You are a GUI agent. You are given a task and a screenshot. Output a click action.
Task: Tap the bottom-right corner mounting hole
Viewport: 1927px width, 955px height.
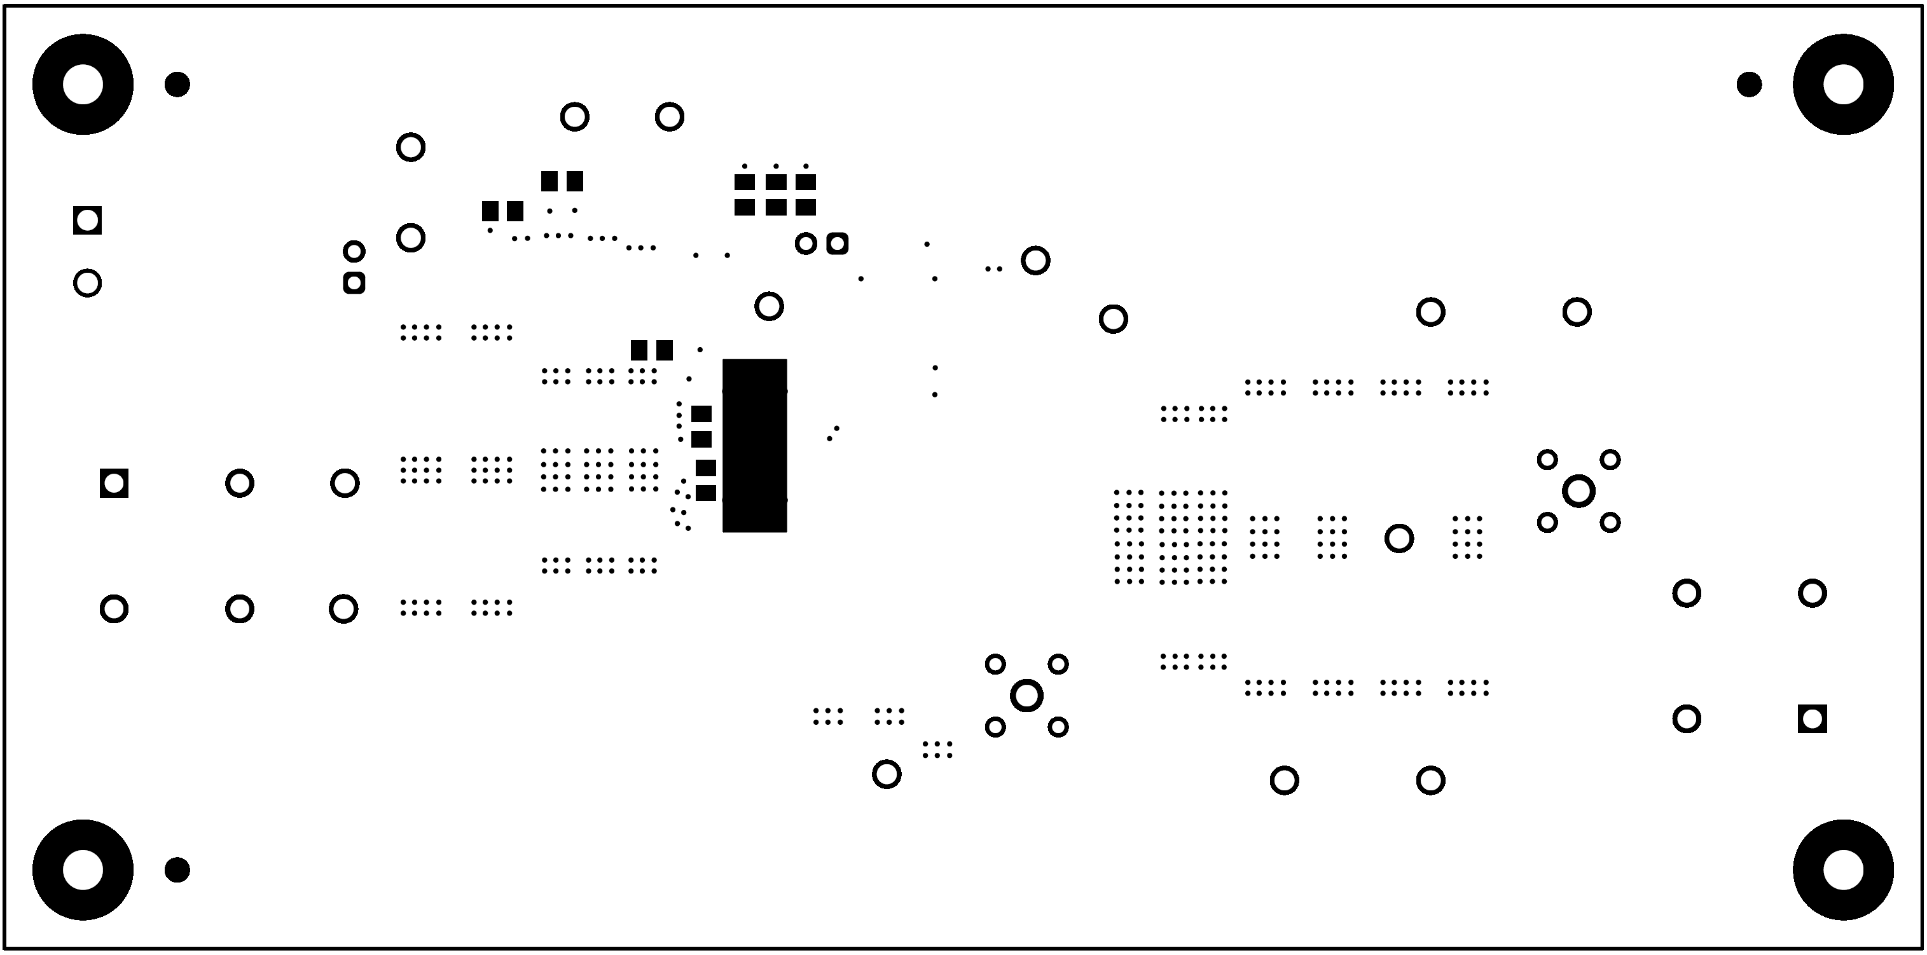1843,870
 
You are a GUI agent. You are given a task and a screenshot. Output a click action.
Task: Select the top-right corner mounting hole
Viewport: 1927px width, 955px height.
1843,85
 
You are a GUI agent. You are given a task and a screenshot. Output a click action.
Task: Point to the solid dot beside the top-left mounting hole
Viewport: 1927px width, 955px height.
177,85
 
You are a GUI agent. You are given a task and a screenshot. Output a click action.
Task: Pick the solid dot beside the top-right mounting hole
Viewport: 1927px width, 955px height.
1749,85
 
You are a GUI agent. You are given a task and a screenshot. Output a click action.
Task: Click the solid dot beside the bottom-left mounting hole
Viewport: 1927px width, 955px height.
177,870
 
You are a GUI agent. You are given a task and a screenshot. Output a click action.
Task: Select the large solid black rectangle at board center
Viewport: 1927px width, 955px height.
754,446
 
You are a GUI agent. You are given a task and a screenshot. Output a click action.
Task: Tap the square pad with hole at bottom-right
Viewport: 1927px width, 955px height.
1812,718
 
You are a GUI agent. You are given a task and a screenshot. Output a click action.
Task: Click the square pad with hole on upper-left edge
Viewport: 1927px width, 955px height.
88,221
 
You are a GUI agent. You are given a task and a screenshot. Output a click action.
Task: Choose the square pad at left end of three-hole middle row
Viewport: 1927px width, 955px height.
114,483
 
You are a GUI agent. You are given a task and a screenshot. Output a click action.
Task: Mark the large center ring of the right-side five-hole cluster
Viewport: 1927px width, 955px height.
1578,491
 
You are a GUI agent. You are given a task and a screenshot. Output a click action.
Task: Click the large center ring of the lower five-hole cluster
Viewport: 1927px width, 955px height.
1026,696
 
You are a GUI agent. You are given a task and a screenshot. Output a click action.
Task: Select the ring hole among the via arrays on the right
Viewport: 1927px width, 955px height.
1399,539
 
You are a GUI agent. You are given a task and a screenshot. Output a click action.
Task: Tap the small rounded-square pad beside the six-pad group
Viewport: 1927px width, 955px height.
837,244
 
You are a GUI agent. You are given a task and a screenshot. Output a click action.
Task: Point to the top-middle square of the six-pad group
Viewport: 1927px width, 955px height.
776,182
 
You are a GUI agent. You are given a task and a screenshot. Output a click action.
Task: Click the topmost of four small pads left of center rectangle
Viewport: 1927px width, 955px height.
701,415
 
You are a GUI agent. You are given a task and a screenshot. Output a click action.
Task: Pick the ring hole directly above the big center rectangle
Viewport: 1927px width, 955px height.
769,306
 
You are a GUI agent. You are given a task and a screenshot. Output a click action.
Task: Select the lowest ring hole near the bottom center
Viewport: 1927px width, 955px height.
887,774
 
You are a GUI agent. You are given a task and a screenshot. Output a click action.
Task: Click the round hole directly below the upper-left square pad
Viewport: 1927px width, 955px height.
88,284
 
